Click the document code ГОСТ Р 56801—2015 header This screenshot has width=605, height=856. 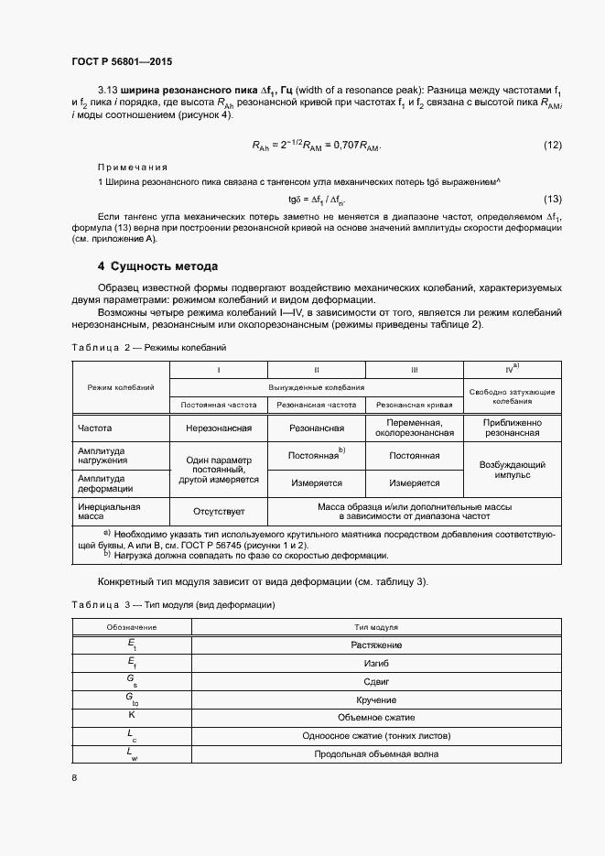121,62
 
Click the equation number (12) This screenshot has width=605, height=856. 552,146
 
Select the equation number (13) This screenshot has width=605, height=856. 552,200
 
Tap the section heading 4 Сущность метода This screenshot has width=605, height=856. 157,266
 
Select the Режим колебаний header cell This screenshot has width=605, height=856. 120,387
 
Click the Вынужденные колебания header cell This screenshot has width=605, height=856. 316,387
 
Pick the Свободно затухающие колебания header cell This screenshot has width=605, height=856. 512,395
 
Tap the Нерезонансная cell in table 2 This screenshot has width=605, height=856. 218,428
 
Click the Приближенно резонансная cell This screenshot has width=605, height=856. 512,428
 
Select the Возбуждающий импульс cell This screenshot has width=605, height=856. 512,470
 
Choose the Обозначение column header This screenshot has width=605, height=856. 131,628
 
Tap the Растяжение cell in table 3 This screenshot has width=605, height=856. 375,645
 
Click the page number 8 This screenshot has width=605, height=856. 74,778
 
